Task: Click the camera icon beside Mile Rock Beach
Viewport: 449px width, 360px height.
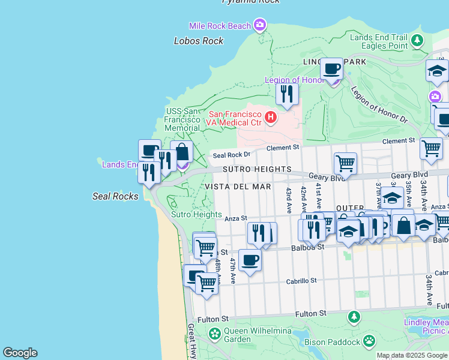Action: (260, 25)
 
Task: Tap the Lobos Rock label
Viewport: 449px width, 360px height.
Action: (199, 41)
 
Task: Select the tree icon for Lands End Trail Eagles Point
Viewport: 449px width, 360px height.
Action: (417, 41)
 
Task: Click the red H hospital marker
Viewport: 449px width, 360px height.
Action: (271, 116)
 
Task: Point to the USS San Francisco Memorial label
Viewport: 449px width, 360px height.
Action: (182, 119)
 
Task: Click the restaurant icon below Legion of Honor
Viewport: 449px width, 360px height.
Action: (287, 94)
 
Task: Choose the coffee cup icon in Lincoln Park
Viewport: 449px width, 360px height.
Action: (331, 68)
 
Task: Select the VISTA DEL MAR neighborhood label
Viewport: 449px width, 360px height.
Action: (238, 187)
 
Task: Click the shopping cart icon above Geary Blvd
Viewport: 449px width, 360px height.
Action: (345, 163)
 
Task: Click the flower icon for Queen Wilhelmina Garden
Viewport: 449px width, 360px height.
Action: (215, 332)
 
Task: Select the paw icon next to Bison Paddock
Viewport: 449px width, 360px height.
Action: (369, 341)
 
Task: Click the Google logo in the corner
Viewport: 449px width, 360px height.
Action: (20, 353)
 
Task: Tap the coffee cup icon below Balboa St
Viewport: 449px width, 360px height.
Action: (250, 260)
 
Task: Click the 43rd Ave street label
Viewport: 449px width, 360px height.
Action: (289, 199)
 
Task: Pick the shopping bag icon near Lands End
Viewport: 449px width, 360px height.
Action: (181, 152)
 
